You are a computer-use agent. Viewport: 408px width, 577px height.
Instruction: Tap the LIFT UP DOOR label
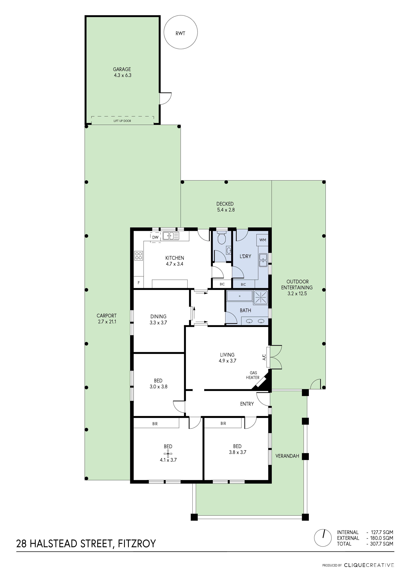[x=122, y=121]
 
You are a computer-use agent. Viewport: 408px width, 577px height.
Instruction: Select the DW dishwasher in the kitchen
[x=155, y=237]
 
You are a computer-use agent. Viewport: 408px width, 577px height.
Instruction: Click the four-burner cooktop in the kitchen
[x=139, y=256]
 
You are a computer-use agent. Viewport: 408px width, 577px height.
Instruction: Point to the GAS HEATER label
[x=253, y=375]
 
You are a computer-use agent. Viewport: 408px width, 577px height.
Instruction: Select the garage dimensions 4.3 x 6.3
[x=122, y=75]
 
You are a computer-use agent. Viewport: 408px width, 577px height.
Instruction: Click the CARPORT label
[x=107, y=316]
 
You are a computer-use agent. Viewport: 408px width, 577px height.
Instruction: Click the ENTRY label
[x=247, y=404]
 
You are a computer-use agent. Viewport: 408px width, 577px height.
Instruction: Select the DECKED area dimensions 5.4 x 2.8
[x=226, y=210]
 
